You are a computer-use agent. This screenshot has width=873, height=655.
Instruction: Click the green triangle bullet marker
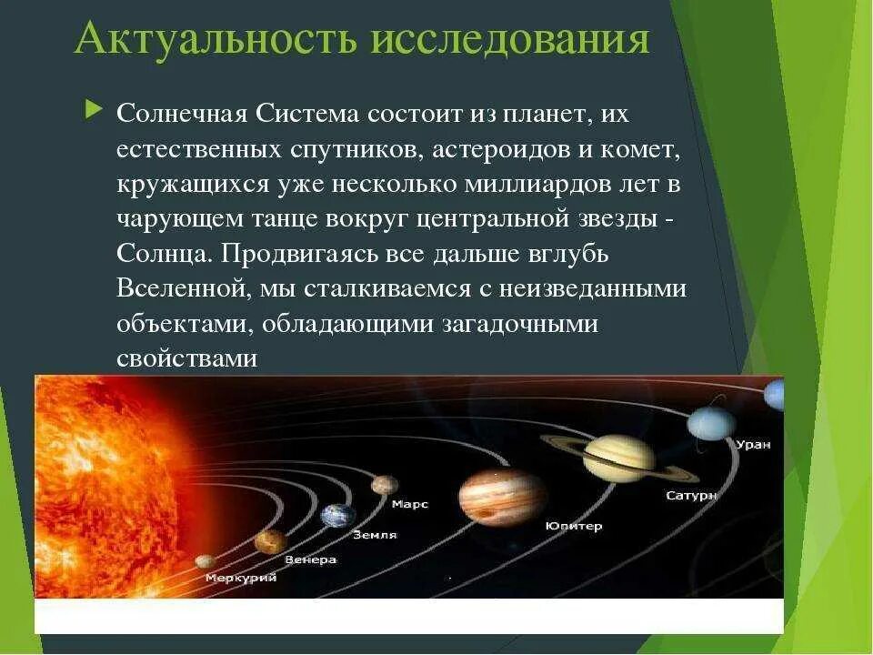coord(94,109)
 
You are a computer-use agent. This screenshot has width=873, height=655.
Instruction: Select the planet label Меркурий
coord(241,578)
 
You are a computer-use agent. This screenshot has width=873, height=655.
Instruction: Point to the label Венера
coord(311,559)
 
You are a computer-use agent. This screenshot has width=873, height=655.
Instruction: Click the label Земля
coord(376,535)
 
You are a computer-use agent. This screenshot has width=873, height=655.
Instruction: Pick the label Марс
coord(410,505)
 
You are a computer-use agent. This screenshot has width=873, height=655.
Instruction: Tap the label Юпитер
coord(574,526)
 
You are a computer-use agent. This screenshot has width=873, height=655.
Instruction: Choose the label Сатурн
coord(691,495)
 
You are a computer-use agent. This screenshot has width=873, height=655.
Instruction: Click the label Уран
coord(753,445)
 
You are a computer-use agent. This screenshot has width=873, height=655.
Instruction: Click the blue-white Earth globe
coord(338,515)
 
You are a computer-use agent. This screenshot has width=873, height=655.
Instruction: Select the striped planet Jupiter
coord(503,497)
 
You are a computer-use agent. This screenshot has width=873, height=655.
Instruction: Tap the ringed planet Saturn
coord(619,458)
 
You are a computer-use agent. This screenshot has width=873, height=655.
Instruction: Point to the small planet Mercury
coord(206,561)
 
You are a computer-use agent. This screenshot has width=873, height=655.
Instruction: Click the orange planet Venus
coord(271,541)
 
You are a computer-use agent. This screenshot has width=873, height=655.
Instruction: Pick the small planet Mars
coord(385,485)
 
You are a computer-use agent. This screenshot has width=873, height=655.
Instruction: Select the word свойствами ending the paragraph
coord(187,358)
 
